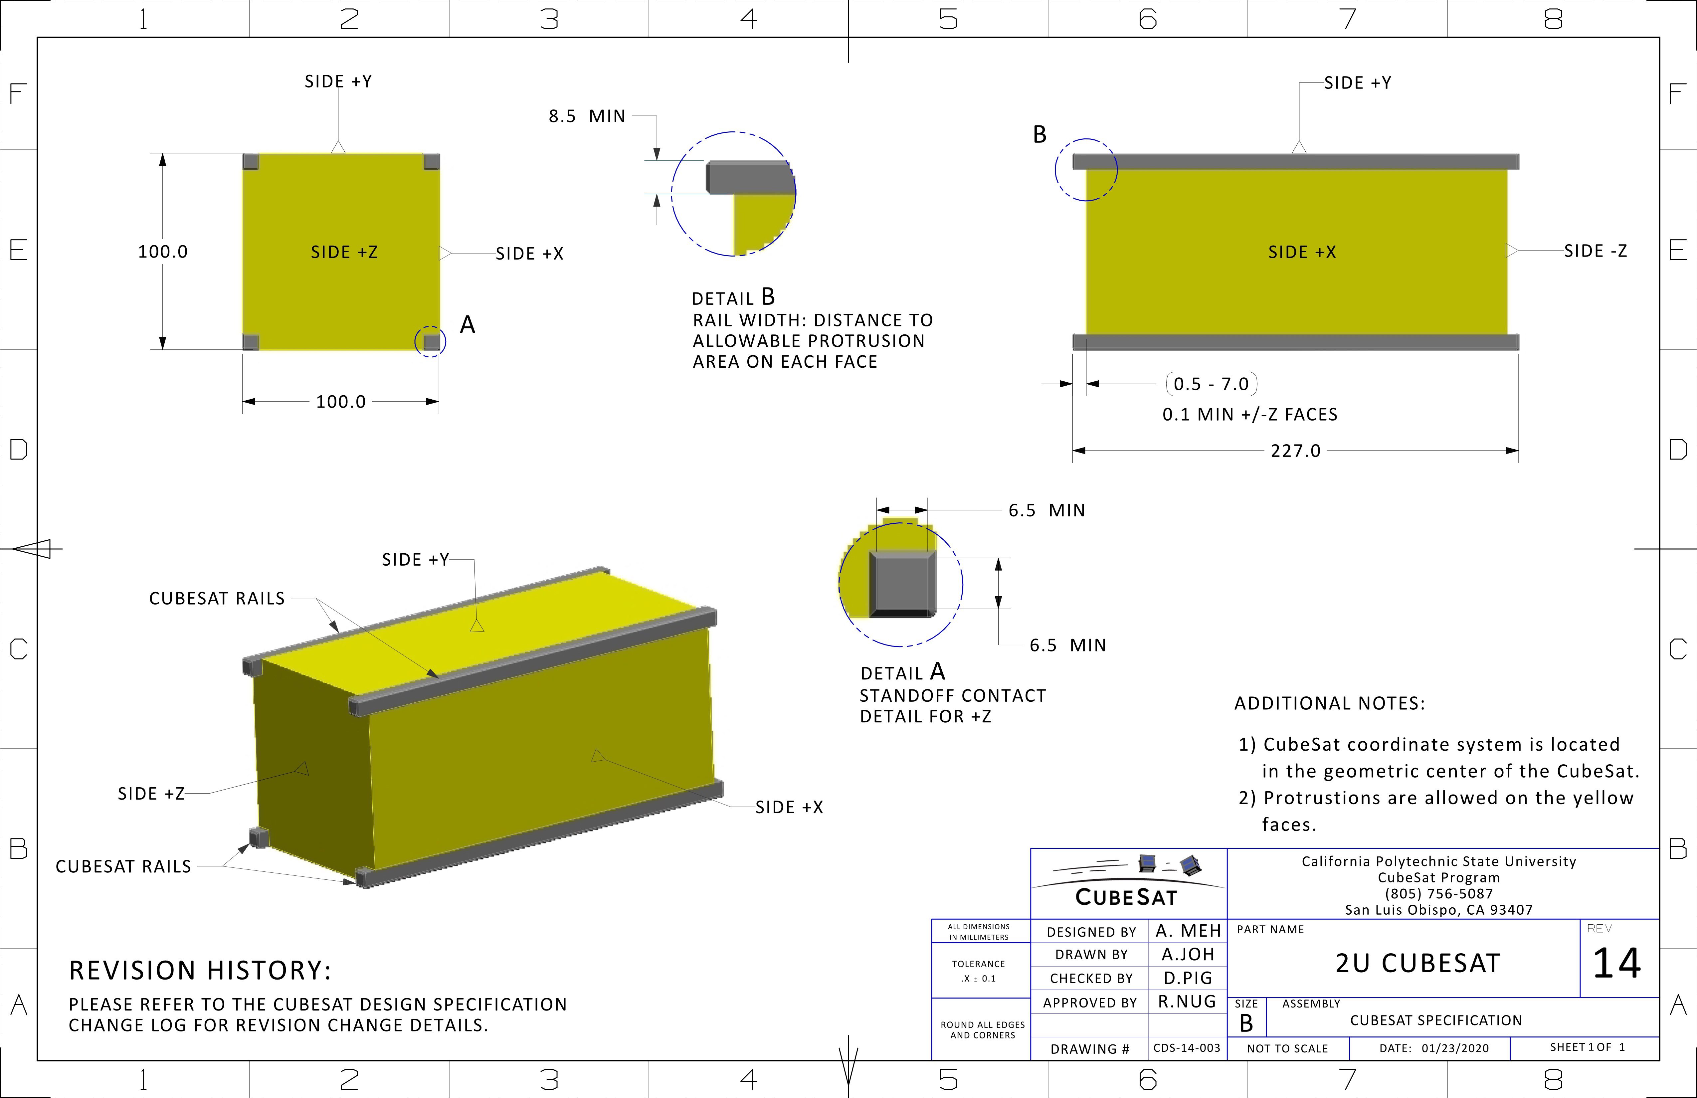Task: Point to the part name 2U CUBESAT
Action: (1417, 963)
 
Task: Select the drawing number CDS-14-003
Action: (1187, 1048)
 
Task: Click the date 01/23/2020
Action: (1454, 1048)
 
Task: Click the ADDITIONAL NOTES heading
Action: (1329, 704)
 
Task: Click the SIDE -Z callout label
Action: (1595, 251)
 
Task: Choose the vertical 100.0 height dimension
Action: (163, 252)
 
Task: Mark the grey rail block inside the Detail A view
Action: (901, 583)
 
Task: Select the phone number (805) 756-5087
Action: (1438, 893)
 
